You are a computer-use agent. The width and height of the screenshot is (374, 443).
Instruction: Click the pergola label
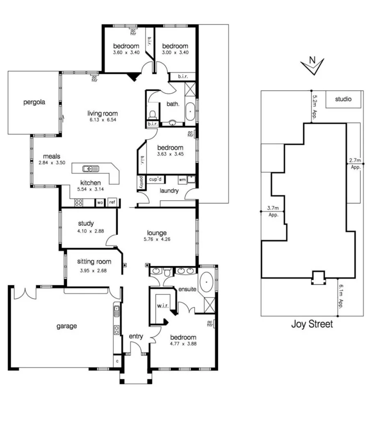34,102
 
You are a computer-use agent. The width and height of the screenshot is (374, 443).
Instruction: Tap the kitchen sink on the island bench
90,168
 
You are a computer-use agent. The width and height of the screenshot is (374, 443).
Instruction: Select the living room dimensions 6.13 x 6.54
102,121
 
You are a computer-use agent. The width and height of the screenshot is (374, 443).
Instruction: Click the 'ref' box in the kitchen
112,202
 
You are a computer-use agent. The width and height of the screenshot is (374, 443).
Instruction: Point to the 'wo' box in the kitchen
100,202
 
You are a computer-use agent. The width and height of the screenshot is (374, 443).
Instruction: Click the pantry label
141,182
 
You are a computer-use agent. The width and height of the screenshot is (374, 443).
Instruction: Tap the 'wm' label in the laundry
182,180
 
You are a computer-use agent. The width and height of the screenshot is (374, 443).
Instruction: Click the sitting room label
94,261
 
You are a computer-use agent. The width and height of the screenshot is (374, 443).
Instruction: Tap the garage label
66,326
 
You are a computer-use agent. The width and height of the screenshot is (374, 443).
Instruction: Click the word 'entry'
136,336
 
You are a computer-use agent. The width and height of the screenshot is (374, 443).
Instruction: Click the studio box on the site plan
344,99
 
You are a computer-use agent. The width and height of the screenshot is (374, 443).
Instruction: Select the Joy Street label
312,324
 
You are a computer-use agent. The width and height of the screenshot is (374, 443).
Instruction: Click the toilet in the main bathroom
153,114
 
